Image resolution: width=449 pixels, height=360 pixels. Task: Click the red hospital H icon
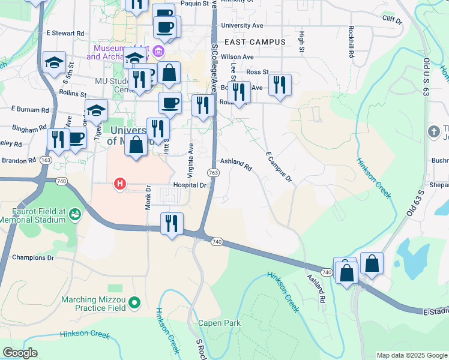pyautogui.click(x=120, y=184)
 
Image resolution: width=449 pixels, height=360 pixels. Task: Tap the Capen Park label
pyautogui.click(x=220, y=323)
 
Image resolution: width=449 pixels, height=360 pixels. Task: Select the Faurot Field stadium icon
pyautogui.click(x=75, y=213)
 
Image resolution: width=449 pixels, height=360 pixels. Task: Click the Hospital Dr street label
pyautogui.click(x=189, y=185)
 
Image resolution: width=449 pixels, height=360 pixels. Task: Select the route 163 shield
pyautogui.click(x=46, y=160)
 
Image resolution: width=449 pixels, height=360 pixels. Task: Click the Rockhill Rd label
pyautogui.click(x=350, y=42)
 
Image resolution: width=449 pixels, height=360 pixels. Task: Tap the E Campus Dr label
pyautogui.click(x=278, y=167)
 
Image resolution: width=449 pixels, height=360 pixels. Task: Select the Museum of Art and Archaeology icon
pyautogui.click(x=158, y=51)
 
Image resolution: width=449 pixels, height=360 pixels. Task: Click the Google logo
pyautogui.click(x=20, y=353)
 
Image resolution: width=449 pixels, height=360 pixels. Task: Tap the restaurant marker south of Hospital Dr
pyautogui.click(x=172, y=224)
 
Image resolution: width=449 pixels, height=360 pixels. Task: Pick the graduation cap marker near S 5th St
pyautogui.click(x=54, y=62)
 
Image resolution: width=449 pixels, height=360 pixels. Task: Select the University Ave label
pyautogui.click(x=242, y=26)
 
